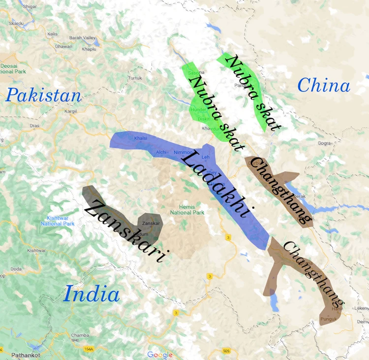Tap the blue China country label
click(x=324, y=86)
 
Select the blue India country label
click(x=92, y=295)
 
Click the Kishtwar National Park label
click(x=58, y=221)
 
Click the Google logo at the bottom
click(x=160, y=355)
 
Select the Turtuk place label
click(x=135, y=78)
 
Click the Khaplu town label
click(x=89, y=49)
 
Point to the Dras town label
click(x=34, y=126)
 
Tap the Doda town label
click(x=16, y=269)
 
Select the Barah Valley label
click(x=82, y=37)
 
